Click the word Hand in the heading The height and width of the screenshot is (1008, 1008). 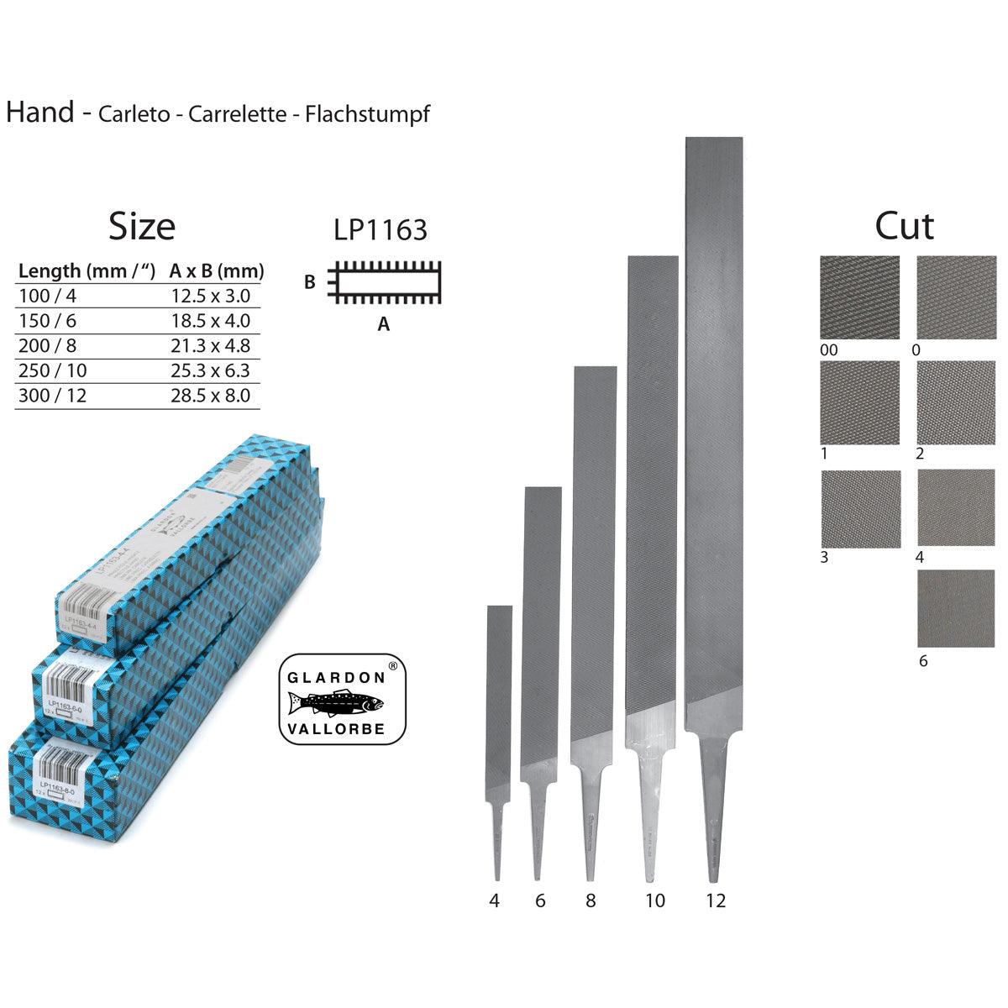tap(40, 112)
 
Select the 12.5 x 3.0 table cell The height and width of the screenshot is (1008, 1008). tap(210, 296)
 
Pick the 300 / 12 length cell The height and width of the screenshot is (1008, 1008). tap(53, 396)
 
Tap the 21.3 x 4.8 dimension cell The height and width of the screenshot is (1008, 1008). tap(210, 345)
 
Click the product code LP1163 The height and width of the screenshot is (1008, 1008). tap(381, 229)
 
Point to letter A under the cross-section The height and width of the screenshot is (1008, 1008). tap(384, 324)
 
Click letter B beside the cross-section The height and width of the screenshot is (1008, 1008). tap(310, 282)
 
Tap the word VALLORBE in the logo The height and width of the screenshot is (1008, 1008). tap(336, 728)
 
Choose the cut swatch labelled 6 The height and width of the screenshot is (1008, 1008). tap(956, 608)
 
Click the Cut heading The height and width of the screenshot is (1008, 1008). tap(905, 226)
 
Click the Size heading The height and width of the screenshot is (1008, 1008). tap(142, 226)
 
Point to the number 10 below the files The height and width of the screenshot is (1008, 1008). tap(655, 901)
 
